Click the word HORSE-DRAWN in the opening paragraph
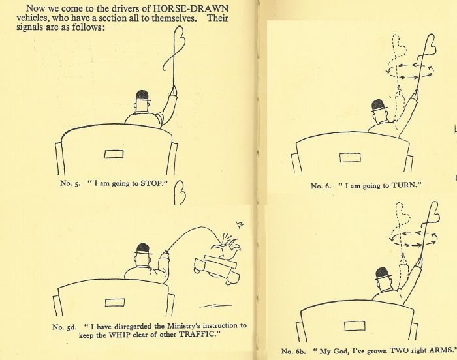(x=191, y=8)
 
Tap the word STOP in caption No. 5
(x=151, y=183)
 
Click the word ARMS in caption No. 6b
(x=442, y=350)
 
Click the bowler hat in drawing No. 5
(x=142, y=96)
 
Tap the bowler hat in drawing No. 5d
(x=143, y=249)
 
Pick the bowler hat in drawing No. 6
(x=379, y=106)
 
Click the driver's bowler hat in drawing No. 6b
(x=383, y=274)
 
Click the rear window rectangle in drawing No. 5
(x=114, y=154)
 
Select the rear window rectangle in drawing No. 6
(x=350, y=158)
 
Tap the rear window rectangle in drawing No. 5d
(x=114, y=303)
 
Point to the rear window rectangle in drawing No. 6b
(x=355, y=326)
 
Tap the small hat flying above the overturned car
(x=240, y=225)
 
